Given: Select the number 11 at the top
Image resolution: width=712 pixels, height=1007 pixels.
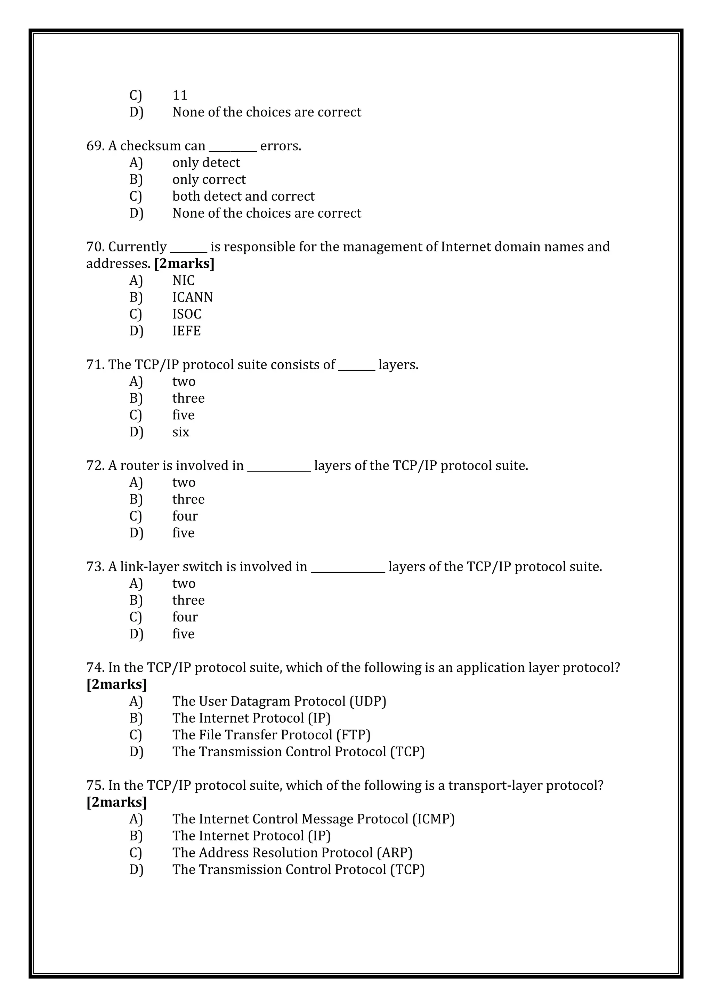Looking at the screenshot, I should [180, 95].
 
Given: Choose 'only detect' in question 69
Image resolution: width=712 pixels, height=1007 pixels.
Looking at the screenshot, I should [206, 163].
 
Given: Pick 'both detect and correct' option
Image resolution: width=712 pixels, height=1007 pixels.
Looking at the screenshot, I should [243, 196].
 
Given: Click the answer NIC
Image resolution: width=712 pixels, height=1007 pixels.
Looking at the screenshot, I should [183, 280].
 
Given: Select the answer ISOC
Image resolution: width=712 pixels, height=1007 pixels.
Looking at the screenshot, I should [186, 314].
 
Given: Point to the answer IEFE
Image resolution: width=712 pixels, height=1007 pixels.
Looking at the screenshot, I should [186, 331].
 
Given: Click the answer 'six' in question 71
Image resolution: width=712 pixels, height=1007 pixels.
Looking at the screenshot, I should [181, 432].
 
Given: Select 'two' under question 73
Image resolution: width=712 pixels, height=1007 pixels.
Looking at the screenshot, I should [184, 584].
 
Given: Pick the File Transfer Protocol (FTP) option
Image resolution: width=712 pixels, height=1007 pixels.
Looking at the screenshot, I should [271, 735].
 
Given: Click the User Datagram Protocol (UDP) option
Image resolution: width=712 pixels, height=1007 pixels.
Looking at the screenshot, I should [279, 701].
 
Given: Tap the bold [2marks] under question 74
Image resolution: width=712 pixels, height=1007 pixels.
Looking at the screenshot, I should [116, 684].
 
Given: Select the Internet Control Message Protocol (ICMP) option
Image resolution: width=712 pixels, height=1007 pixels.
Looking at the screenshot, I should [313, 819].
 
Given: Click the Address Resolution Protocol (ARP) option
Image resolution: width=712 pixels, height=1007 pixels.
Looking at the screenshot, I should [292, 853].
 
